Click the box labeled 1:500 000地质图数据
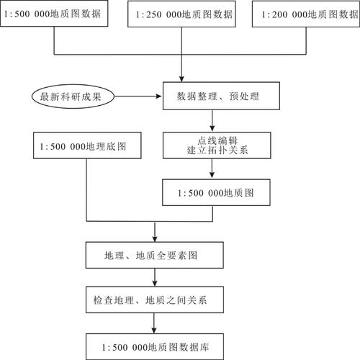pos(55,14)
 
